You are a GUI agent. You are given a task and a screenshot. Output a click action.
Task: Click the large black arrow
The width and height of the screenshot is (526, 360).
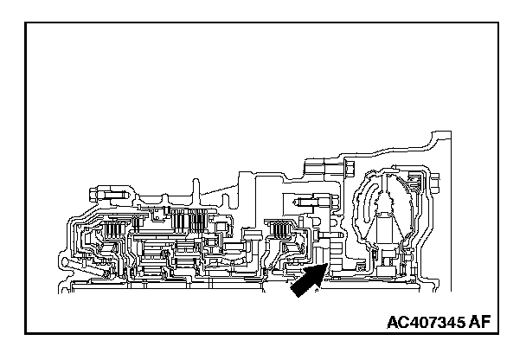coord(305,283)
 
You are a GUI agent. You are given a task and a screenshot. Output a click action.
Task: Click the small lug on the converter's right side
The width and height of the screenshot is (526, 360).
coord(413,183)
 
